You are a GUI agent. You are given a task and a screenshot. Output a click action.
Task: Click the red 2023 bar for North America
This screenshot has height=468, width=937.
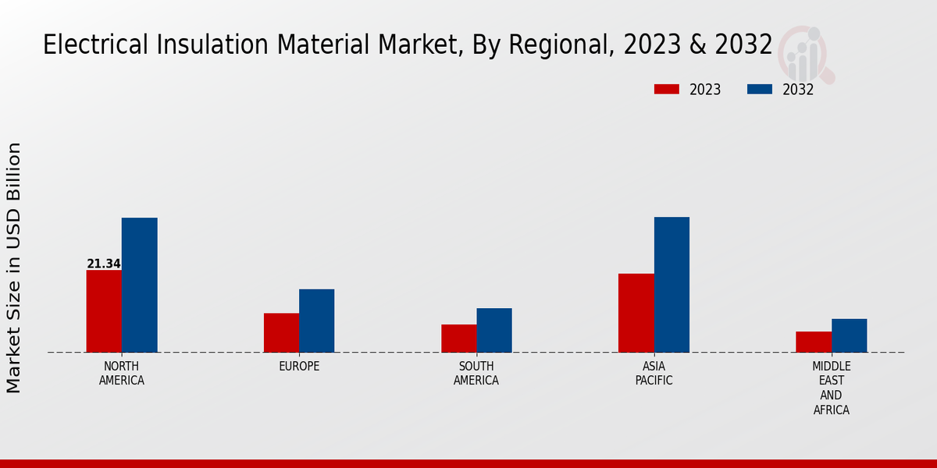[104, 311]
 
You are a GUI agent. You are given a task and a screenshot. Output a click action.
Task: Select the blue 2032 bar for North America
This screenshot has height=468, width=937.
[139, 285]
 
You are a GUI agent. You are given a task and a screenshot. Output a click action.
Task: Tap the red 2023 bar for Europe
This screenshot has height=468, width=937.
[281, 332]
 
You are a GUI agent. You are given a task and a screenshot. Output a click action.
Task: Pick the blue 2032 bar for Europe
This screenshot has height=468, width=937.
[316, 321]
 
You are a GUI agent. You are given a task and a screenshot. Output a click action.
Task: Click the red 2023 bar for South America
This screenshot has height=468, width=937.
[458, 339]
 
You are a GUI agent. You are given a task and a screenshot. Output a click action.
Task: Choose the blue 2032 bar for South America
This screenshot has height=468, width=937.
[494, 330]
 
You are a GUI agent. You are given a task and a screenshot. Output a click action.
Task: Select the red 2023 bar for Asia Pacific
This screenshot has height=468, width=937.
[636, 313]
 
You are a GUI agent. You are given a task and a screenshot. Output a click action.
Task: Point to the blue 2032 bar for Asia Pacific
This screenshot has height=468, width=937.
[672, 285]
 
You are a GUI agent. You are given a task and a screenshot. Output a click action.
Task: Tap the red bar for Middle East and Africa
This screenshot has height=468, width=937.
[814, 342]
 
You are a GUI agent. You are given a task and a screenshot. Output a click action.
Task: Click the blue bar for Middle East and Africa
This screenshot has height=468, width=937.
[849, 335]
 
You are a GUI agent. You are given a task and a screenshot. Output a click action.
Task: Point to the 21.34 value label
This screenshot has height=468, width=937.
[104, 264]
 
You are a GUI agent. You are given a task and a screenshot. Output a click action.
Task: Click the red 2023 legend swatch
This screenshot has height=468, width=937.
[667, 89]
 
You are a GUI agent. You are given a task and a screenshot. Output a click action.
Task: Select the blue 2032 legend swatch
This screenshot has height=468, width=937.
[760, 89]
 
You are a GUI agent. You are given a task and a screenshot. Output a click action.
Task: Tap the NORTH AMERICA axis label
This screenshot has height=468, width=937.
[122, 374]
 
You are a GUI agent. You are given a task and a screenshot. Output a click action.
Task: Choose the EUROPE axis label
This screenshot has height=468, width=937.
[299, 367]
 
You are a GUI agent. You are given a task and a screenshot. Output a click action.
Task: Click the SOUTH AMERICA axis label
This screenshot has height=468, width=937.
[476, 374]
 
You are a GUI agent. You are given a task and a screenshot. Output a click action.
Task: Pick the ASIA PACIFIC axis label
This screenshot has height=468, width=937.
[654, 374]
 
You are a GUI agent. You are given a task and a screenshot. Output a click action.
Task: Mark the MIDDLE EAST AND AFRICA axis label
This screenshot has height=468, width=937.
[832, 388]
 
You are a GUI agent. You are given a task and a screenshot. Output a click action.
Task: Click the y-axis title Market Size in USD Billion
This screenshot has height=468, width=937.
[14, 268]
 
